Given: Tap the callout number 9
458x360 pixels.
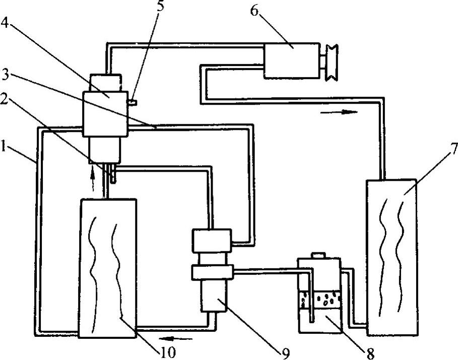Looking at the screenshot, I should pyautogui.click(x=285, y=354).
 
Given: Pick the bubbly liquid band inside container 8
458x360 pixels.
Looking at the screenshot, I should pyautogui.click(x=320, y=302).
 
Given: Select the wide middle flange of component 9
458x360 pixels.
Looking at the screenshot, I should pyautogui.click(x=212, y=273).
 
